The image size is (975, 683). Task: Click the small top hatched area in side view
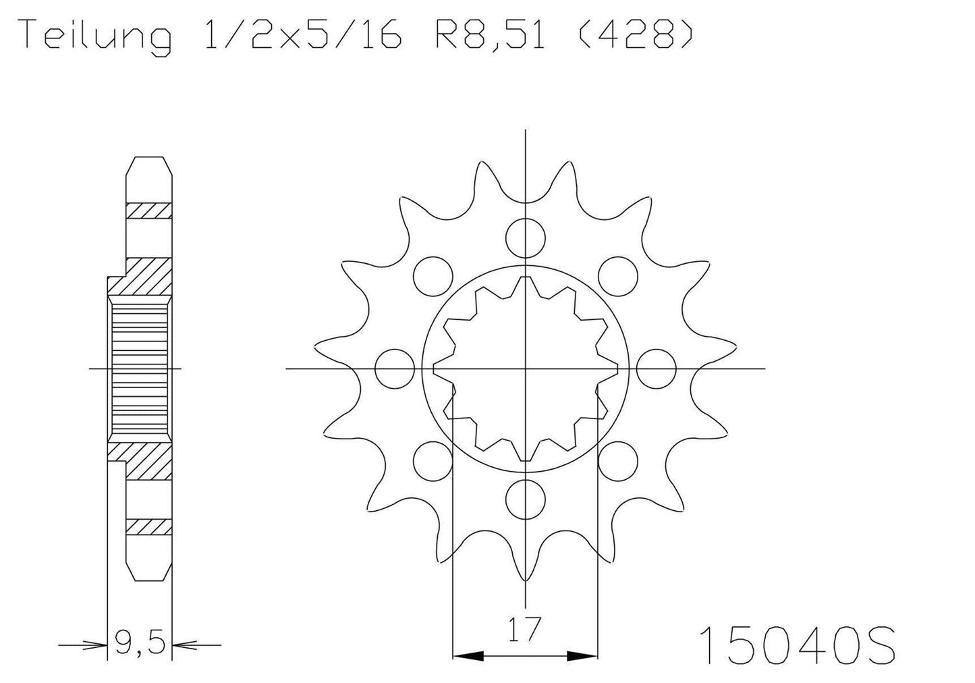148,211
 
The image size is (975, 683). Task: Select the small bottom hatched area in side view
148,526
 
